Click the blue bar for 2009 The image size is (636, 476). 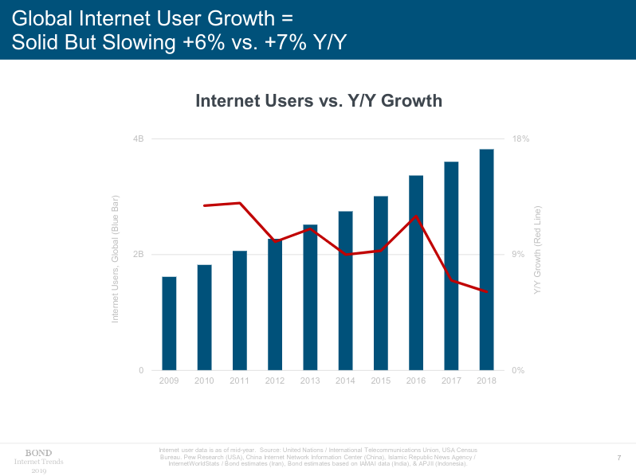169,323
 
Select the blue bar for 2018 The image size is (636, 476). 486,259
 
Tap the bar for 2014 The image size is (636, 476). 345,291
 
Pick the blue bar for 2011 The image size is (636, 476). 239,310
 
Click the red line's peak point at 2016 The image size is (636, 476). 416,216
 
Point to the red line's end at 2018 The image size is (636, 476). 486,291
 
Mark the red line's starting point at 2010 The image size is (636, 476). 205,205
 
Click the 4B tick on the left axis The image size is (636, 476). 138,139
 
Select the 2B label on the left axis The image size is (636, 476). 138,255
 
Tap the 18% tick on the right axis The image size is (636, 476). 520,139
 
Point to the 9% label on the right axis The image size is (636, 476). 517,255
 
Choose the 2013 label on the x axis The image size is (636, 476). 310,381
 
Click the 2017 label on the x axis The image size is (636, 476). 451,381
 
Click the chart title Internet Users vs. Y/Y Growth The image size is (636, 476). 318,101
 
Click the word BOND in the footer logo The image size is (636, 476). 38,453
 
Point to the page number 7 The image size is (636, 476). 619,457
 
